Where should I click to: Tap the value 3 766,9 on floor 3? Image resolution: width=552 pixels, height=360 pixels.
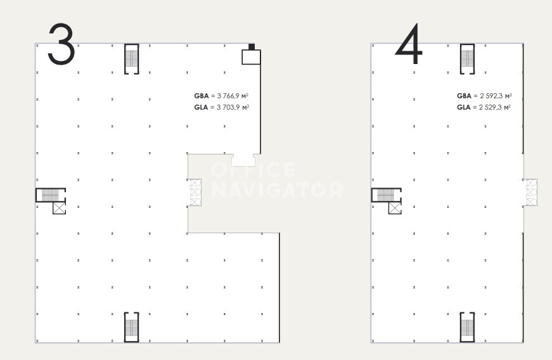point(229,96)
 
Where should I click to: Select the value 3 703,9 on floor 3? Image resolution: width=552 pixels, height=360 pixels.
point(229,107)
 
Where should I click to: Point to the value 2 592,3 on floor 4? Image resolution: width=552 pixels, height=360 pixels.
point(491,96)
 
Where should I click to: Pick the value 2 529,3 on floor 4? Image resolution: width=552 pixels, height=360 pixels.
point(491,107)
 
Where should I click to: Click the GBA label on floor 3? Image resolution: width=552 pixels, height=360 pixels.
point(202,96)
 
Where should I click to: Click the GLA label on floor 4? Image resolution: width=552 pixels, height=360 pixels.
point(464,107)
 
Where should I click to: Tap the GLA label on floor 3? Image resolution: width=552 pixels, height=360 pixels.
point(201,107)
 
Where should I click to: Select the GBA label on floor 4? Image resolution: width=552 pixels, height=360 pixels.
point(464,96)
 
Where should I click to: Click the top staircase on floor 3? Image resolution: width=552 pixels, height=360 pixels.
point(132,59)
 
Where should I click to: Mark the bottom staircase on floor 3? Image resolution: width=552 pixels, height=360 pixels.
point(132,327)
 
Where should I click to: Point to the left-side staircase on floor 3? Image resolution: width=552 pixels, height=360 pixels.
point(51,195)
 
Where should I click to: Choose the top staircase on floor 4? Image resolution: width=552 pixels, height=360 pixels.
point(467,59)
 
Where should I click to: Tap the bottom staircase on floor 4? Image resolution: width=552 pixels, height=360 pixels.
point(467,327)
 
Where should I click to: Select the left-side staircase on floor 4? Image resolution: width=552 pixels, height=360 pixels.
point(387,195)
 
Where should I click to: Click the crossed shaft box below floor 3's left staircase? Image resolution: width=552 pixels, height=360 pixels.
point(59,208)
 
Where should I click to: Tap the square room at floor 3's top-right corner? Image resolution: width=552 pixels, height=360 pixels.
point(251,57)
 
